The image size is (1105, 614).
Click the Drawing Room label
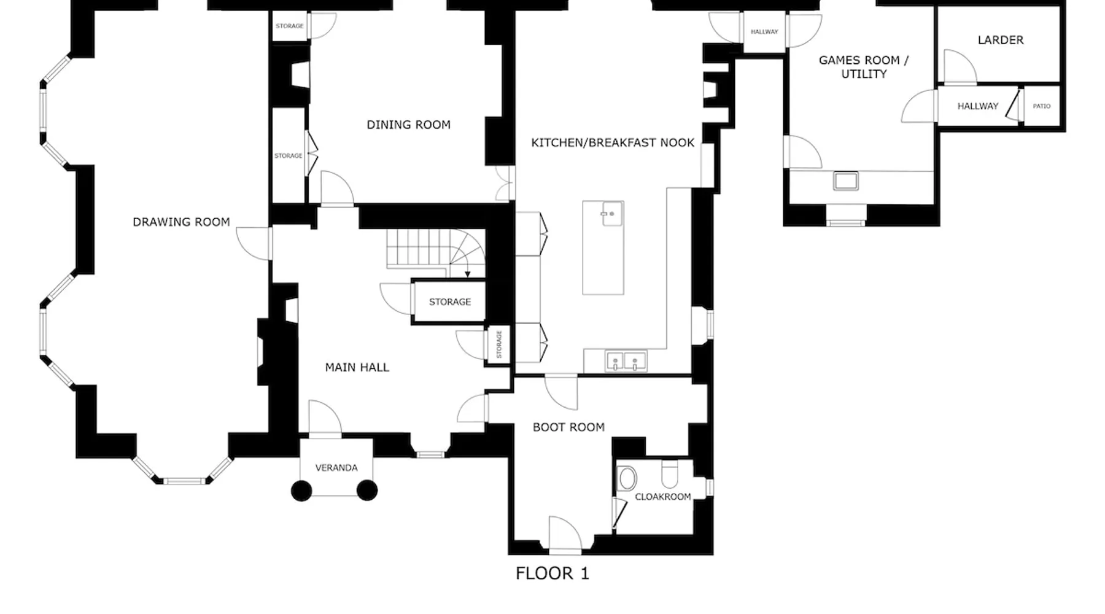[181, 222]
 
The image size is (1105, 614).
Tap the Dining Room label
[408, 125]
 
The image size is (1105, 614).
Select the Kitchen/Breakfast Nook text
[613, 143]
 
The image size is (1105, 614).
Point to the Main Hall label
[357, 368]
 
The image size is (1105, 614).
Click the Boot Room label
[568, 427]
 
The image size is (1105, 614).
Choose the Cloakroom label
[662, 497]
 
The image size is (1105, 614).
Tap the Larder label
[1001, 41]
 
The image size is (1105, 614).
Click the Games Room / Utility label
[864, 67]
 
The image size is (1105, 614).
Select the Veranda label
[336, 468]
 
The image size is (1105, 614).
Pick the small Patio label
[1042, 106]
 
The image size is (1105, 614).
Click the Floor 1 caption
[552, 573]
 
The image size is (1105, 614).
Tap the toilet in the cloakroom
[670, 475]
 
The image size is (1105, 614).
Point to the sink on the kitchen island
[612, 214]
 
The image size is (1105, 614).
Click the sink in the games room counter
[845, 181]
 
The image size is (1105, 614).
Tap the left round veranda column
[301, 491]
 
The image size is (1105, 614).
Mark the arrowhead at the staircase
[468, 274]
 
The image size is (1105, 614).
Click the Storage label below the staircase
[450, 302]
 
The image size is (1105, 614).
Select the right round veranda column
[367, 490]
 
